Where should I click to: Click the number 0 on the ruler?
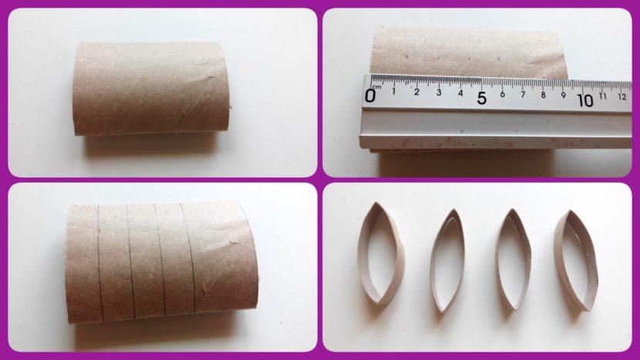click(x=371, y=96)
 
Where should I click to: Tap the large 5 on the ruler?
click(x=481, y=98)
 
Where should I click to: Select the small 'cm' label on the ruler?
click(x=376, y=87)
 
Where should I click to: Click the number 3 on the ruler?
click(x=438, y=93)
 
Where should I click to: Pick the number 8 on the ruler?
click(x=543, y=95)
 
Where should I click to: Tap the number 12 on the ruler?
click(x=621, y=97)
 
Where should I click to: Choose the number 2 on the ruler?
click(x=416, y=93)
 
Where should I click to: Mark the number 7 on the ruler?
click(x=523, y=95)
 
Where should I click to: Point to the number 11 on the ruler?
click(x=603, y=96)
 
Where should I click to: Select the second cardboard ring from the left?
click(x=447, y=260)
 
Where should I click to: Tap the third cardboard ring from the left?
click(x=513, y=260)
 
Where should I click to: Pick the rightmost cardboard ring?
click(x=577, y=261)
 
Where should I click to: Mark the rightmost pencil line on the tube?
click(x=188, y=258)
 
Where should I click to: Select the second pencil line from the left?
click(x=130, y=262)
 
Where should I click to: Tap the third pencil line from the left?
click(x=160, y=261)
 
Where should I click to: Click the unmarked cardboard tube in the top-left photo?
click(x=153, y=88)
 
